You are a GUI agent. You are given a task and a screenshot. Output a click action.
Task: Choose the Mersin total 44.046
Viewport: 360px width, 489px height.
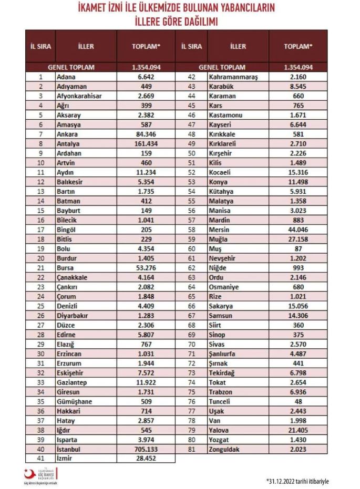click(298, 229)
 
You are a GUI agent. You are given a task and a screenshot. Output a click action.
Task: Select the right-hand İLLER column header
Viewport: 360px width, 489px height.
click(238, 46)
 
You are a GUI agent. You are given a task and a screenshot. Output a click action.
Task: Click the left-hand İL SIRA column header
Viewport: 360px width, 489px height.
click(40, 46)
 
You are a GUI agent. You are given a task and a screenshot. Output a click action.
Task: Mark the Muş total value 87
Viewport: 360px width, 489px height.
click(298, 248)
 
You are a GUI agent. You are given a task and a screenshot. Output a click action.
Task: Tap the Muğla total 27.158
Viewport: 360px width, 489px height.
click(298, 238)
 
